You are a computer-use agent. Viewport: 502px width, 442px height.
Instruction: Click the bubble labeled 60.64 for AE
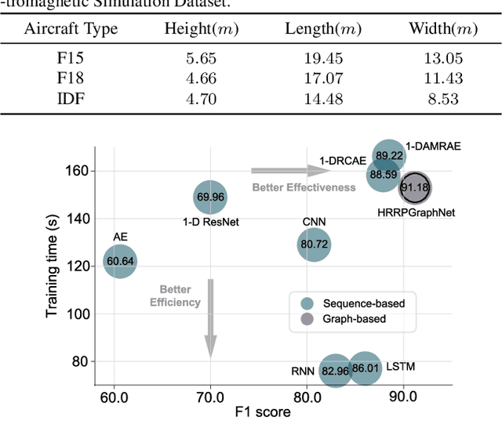[120, 261]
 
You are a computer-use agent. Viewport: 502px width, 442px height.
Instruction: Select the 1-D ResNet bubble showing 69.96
[210, 197]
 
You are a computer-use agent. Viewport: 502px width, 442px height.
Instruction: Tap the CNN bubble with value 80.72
[314, 245]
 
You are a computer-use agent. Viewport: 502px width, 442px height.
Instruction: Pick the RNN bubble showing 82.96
[336, 370]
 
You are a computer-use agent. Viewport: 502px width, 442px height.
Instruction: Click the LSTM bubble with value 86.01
[365, 368]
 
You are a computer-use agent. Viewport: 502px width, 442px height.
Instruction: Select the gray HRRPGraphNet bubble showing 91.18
[414, 187]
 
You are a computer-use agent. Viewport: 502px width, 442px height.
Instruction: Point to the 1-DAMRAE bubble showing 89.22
[389, 156]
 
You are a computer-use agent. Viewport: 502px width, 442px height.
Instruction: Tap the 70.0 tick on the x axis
[210, 397]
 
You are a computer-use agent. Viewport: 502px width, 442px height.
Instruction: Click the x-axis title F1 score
[264, 412]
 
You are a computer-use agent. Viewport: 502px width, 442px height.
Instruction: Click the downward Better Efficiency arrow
[210, 318]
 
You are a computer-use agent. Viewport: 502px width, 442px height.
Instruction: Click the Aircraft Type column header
[71, 30]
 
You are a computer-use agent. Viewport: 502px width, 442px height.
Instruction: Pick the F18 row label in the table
[71, 78]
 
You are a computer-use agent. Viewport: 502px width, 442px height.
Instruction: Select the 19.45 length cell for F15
[322, 59]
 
